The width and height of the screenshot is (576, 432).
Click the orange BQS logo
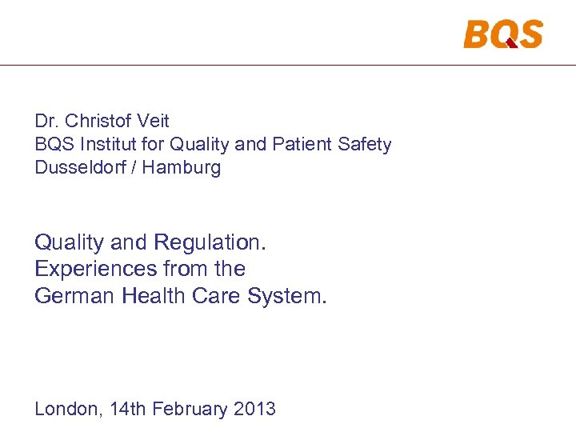[502, 34]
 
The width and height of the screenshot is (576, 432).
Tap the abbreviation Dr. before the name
[46, 121]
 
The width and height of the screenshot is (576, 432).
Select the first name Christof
[98, 121]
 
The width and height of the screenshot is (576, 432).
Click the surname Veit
[153, 121]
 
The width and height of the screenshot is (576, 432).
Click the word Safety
[366, 145]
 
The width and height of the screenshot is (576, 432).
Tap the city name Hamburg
[185, 168]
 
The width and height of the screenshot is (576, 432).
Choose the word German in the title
[74, 296]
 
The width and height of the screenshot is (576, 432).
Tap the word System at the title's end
[287, 296]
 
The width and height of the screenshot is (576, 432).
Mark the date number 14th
[127, 409]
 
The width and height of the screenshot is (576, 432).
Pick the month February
[190, 409]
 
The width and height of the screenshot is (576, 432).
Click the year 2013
[254, 409]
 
